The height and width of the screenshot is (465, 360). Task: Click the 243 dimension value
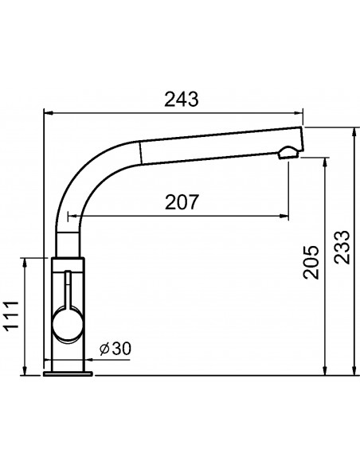(x=181, y=100)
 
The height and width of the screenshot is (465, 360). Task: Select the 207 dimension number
(x=181, y=202)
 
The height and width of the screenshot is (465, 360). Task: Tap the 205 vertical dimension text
(x=311, y=262)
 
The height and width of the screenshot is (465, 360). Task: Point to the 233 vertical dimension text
(x=342, y=247)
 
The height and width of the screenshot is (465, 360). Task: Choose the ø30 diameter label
(x=115, y=349)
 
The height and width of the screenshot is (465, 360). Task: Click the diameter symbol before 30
(x=104, y=349)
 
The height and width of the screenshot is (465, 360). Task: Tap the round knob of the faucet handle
(x=67, y=325)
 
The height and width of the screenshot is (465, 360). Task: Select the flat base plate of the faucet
(x=68, y=373)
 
